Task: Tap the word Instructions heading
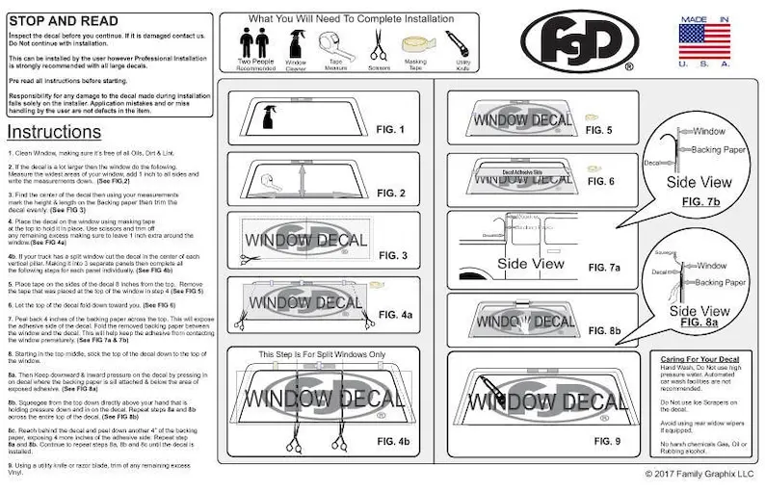click(54, 131)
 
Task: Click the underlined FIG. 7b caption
click(700, 202)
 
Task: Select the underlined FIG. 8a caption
click(700, 323)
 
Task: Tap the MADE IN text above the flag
click(703, 18)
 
